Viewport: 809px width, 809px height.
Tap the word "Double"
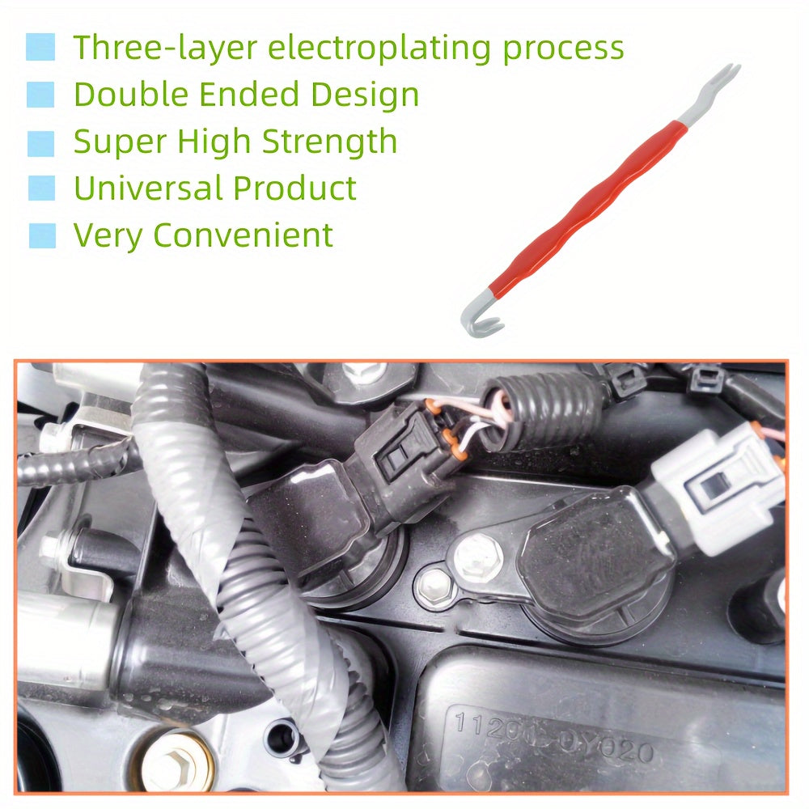[x=131, y=95]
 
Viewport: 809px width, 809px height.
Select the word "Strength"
[x=329, y=142]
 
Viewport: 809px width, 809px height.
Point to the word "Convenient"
[x=243, y=235]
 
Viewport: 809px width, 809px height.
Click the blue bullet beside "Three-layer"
[x=40, y=47]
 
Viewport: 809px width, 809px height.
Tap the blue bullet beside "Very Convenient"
[x=42, y=235]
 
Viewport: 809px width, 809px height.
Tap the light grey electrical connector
[x=720, y=485]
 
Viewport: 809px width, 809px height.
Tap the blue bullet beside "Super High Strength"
[x=40, y=143]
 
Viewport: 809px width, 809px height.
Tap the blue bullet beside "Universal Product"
[x=42, y=188]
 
